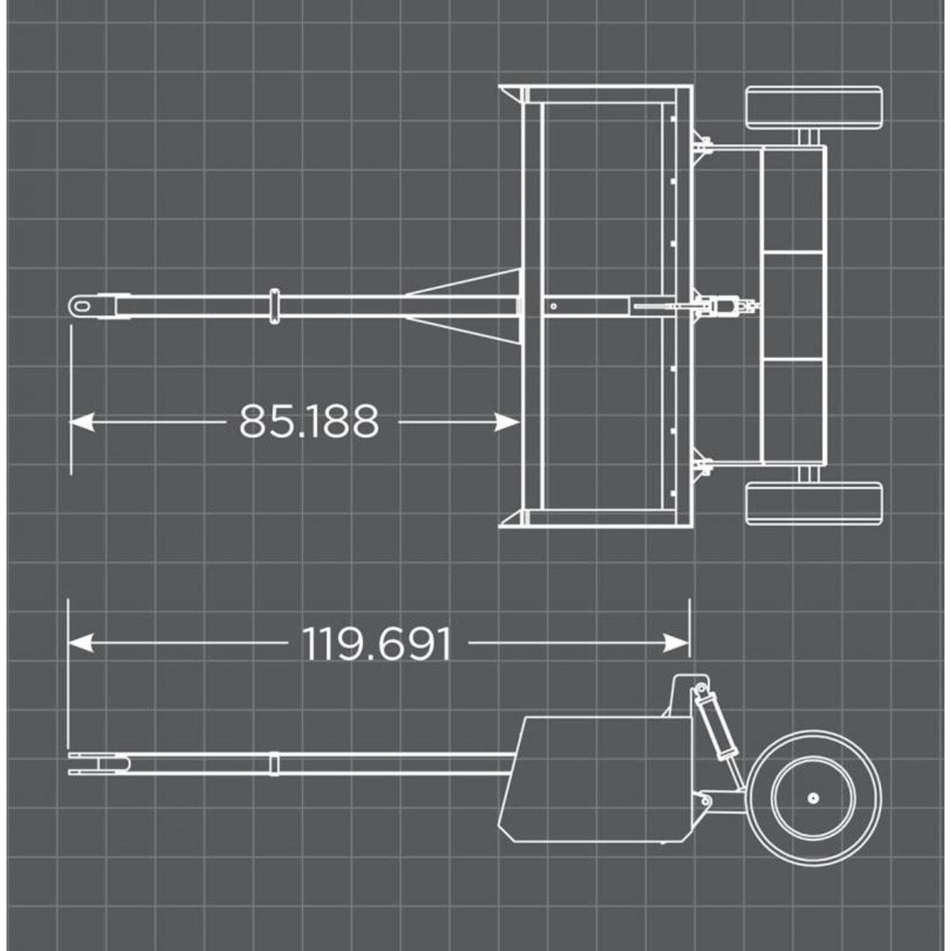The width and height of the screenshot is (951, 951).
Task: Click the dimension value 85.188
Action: (308, 421)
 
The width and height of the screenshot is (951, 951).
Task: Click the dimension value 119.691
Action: (376, 644)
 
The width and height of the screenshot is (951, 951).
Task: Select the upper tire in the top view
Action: (814, 107)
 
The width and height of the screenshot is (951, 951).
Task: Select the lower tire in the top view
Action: (814, 502)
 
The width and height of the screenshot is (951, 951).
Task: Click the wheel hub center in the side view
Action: (813, 798)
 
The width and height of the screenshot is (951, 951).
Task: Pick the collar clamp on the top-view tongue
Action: (274, 306)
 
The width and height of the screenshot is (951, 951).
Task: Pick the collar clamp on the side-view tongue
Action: (274, 763)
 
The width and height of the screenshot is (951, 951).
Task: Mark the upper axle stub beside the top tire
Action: (807, 137)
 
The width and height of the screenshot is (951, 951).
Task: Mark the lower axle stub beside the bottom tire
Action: (807, 474)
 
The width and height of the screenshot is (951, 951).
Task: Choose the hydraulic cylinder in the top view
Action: (715, 305)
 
